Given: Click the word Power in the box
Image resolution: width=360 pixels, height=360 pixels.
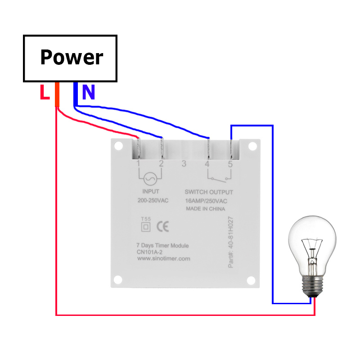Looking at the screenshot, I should [x=72, y=58].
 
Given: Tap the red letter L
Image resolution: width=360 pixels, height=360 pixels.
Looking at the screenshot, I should [x=44, y=93].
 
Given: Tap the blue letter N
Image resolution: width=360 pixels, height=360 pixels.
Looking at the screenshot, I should [x=89, y=92].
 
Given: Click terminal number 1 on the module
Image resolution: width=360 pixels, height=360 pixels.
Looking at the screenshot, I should [x=139, y=164].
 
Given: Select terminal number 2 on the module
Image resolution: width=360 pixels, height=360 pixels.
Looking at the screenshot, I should [x=161, y=164].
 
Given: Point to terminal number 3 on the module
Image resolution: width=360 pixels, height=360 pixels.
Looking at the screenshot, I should [x=184, y=164].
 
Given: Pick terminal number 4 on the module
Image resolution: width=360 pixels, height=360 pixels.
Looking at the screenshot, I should [x=207, y=164].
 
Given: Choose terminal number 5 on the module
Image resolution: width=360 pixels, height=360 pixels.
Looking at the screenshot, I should [x=230, y=164].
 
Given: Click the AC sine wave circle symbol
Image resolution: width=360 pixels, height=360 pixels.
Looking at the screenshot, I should [x=150, y=179].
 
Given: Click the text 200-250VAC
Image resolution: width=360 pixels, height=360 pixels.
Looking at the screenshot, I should [x=153, y=200].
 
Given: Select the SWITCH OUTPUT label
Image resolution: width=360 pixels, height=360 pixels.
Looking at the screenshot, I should [x=209, y=192].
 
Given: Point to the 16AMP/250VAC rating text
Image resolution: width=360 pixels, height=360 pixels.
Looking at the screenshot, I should [x=206, y=201].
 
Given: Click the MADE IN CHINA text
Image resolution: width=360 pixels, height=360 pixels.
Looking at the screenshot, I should [x=205, y=209].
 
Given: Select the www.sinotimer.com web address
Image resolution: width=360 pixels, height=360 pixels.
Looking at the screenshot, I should [x=163, y=259].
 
